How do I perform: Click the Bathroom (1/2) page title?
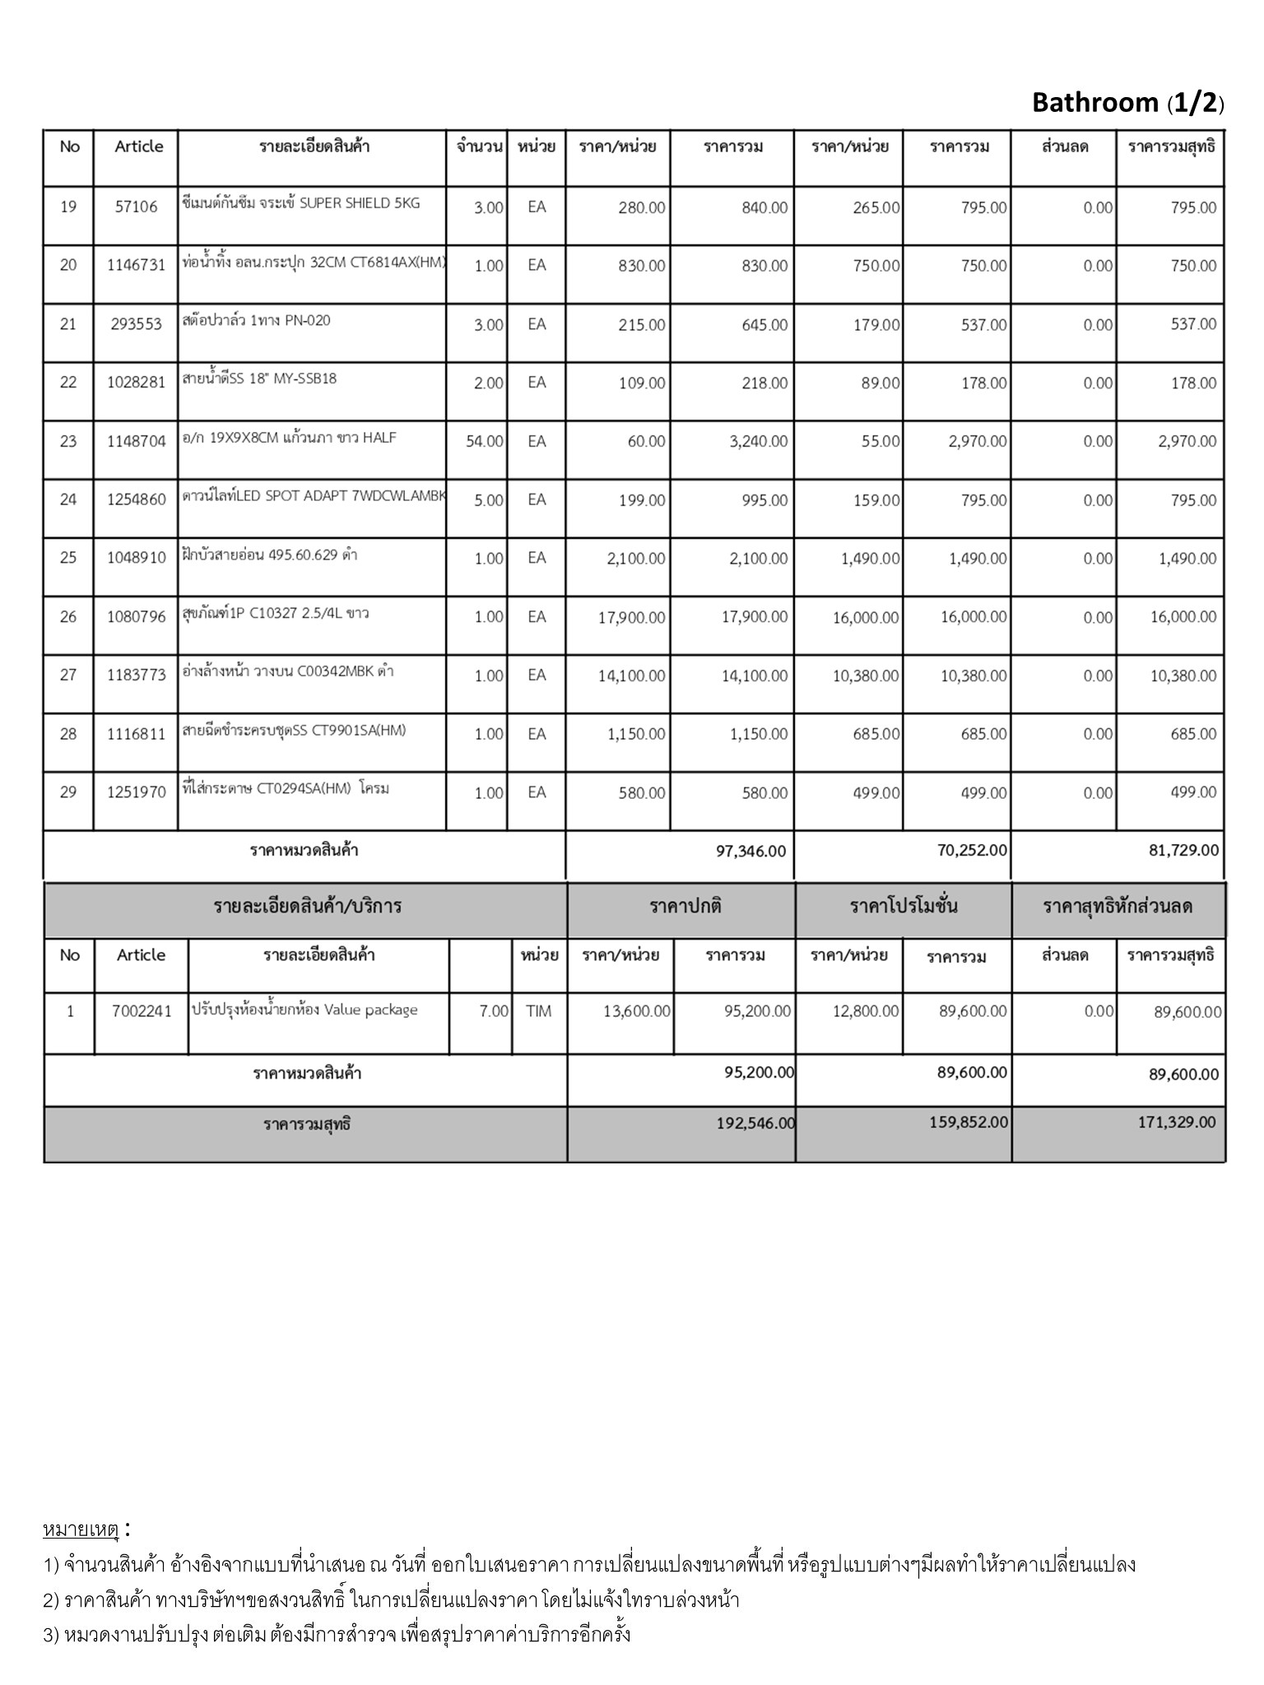[x=1127, y=103]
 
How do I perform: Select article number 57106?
[x=136, y=207]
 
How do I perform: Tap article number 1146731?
[x=136, y=266]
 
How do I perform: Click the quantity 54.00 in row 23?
[x=484, y=442]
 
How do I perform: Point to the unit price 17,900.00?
[x=631, y=617]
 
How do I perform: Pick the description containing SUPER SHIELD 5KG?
[x=300, y=203]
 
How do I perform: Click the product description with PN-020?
[x=256, y=320]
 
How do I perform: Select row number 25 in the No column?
[x=68, y=559]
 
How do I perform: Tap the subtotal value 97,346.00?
[x=750, y=852]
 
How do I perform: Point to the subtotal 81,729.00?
[x=1183, y=851]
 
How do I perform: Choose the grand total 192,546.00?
[x=755, y=1123]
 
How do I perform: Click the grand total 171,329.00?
[x=1177, y=1123]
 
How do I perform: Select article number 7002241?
[x=142, y=1011]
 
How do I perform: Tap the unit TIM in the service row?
[x=538, y=1011]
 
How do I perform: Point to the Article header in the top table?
[x=138, y=146]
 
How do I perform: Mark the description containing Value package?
[x=304, y=1010]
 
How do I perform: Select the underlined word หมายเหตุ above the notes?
[x=81, y=1529]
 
